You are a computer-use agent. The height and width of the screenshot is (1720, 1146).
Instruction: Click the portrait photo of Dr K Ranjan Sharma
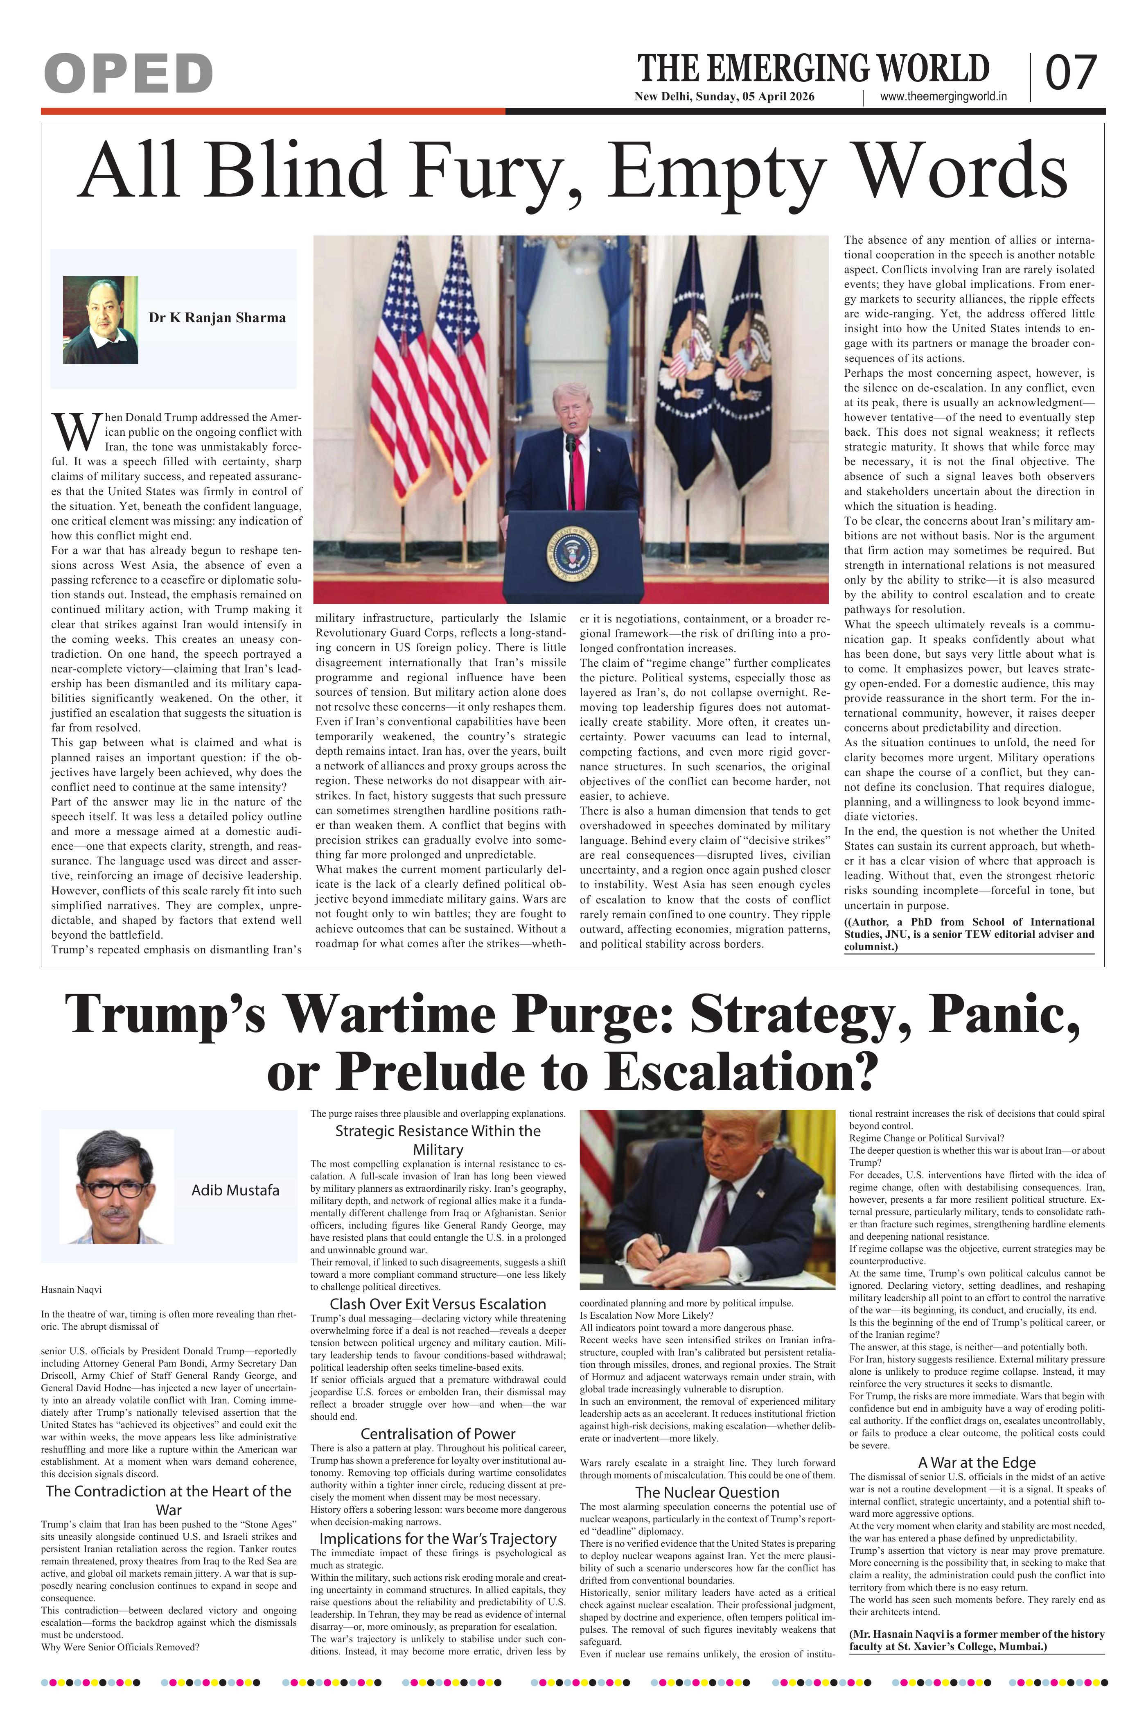tap(100, 319)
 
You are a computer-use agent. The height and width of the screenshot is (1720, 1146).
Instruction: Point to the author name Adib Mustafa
tap(235, 1190)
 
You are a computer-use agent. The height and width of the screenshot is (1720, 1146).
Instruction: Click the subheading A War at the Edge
tap(977, 1462)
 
